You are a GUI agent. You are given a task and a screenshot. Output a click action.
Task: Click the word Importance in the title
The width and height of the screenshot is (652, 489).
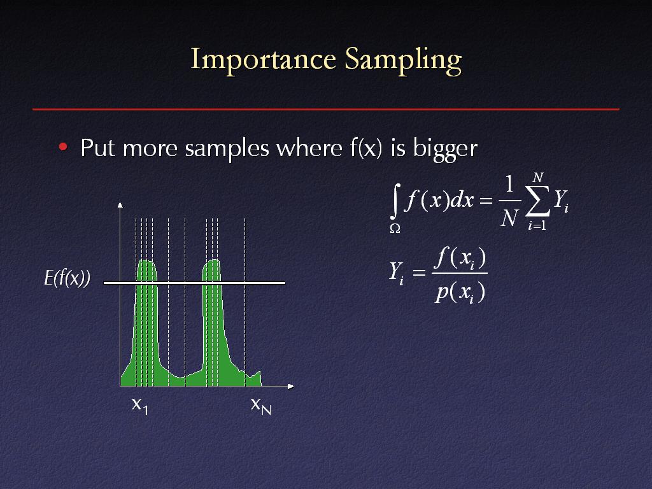tap(263, 59)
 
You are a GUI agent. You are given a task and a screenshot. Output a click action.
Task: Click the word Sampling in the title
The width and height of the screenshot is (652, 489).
tap(403, 61)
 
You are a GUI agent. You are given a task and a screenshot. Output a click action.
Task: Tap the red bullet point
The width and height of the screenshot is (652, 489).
tap(63, 146)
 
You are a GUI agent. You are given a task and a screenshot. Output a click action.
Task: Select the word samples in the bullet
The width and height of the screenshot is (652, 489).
tap(227, 148)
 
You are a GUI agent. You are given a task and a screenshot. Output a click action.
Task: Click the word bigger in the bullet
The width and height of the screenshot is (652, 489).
tap(445, 148)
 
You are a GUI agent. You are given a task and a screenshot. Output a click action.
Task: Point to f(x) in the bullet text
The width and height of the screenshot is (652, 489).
tap(365, 147)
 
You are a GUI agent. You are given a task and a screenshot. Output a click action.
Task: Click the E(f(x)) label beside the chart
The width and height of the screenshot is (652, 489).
tap(67, 278)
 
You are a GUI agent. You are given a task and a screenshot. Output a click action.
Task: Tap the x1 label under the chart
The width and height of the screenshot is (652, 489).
tap(139, 406)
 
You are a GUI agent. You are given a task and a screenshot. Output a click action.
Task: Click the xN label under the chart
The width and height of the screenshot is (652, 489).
tap(260, 406)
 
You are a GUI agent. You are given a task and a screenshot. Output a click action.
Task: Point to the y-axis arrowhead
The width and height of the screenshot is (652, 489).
tap(120, 204)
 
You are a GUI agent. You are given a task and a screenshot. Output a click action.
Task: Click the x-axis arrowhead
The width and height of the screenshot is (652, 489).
tap(291, 386)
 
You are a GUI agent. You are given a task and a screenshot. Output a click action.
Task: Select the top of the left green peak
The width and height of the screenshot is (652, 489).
tap(146, 260)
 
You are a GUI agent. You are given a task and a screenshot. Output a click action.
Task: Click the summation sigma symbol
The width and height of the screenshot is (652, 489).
tap(537, 201)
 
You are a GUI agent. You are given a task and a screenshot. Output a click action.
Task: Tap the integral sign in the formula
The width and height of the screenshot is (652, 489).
tap(395, 202)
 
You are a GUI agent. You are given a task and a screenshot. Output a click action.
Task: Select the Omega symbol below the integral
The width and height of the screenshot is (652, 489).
tap(395, 229)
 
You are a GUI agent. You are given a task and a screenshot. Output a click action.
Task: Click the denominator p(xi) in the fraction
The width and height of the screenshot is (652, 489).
tap(460, 292)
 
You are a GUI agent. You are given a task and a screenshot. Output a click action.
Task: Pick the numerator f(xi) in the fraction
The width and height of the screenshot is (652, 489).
tap(460, 259)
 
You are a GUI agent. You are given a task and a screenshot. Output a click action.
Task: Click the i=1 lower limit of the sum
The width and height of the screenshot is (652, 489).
tap(537, 225)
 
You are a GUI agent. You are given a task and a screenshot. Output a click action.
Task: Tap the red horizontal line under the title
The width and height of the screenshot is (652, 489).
tap(326, 110)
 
